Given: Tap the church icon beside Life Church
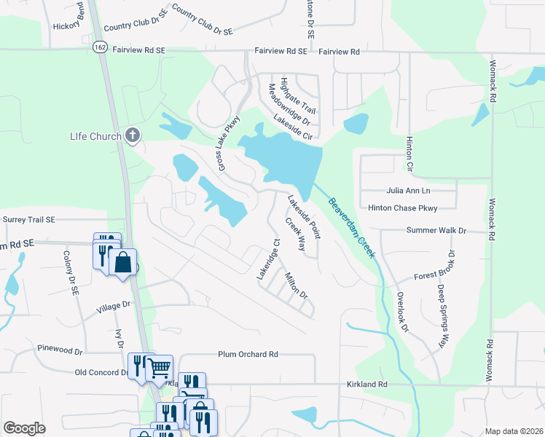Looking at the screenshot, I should click(132, 135).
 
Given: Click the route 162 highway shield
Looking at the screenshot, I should click(100, 47).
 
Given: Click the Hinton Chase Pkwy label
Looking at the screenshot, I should click(402, 208).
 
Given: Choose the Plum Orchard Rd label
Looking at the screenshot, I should click(248, 355).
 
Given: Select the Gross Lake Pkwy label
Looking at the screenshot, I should click(227, 145).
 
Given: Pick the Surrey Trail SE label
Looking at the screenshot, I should click(29, 219).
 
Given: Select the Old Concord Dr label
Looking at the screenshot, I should click(101, 372).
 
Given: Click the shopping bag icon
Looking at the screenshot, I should click(124, 262).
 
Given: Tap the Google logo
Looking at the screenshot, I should click(25, 428).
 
